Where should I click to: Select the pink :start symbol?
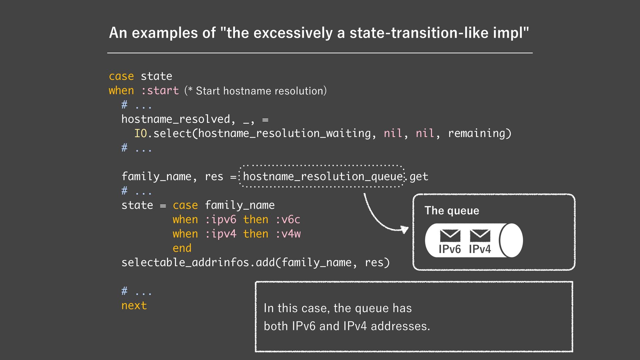(160, 91)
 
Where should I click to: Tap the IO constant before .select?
(140, 133)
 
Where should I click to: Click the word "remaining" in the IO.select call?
(477, 133)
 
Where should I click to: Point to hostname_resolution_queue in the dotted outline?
(323, 176)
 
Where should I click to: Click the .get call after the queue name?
(418, 176)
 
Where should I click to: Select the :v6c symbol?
(288, 219)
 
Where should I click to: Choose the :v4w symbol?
(288, 234)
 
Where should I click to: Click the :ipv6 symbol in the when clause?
(221, 219)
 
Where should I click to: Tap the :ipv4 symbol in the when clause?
(221, 234)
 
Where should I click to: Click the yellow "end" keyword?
(182, 248)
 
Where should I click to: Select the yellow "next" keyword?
(134, 305)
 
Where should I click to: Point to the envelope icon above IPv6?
(450, 236)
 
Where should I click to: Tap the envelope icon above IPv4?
(480, 236)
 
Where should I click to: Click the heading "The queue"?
(452, 211)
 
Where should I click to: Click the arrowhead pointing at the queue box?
(405, 229)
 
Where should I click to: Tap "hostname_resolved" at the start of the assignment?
(176, 119)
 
